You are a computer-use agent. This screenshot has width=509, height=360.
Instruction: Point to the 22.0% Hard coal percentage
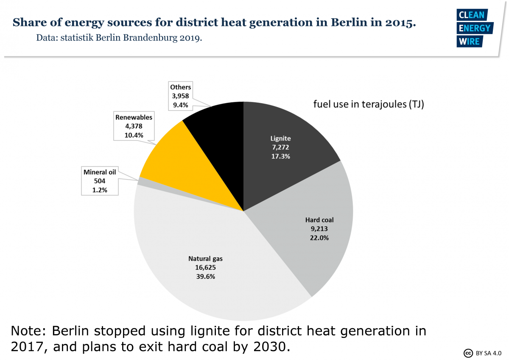(319, 238)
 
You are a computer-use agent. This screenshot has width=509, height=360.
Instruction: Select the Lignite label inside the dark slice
(281, 138)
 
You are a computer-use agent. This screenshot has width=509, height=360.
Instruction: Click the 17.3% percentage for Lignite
(281, 156)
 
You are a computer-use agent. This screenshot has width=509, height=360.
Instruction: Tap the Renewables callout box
(133, 126)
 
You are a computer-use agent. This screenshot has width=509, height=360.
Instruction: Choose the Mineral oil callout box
(100, 181)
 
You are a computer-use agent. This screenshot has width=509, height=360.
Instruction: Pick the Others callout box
(180, 96)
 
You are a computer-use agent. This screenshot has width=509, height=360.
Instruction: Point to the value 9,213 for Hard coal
(319, 229)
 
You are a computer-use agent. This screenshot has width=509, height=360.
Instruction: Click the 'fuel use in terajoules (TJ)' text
(369, 104)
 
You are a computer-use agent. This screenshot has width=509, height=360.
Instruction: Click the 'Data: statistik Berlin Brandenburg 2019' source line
(119, 38)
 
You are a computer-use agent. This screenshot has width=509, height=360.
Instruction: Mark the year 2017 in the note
(28, 347)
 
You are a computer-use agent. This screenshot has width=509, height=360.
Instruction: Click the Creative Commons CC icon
(468, 353)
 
